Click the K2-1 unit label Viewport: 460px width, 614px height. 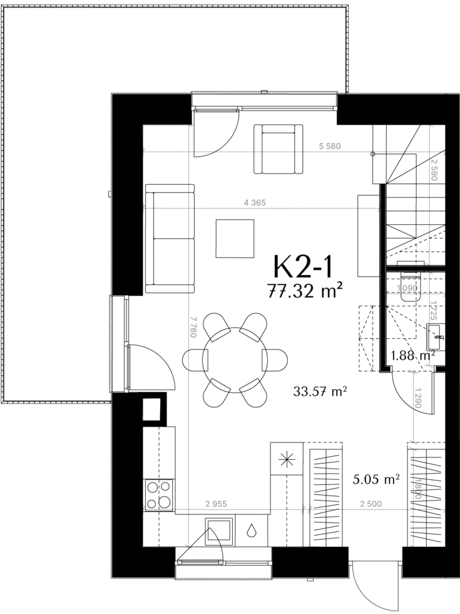(304, 267)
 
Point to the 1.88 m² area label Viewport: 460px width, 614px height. (414, 356)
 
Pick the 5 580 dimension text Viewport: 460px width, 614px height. (330, 147)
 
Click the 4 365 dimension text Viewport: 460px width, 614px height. (255, 203)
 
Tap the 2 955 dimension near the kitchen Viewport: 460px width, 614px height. (216, 504)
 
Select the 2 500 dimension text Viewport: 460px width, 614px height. (371, 504)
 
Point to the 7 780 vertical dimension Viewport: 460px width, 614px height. (192, 327)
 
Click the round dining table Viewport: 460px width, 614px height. (235, 360)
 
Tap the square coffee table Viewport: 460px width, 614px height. (235, 239)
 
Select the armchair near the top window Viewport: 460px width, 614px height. (279, 149)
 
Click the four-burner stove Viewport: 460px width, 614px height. (159, 494)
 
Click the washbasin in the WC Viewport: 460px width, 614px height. (436, 337)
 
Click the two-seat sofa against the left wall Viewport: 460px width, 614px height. (170, 239)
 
